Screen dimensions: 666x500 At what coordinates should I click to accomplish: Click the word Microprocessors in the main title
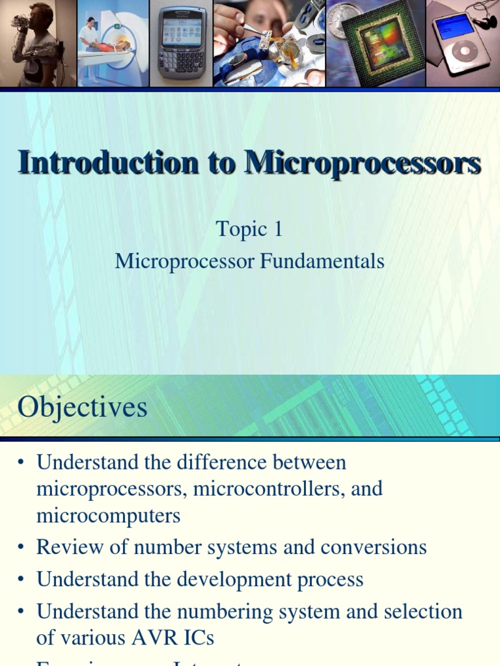point(363,163)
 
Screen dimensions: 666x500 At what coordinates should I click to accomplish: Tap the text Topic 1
point(249,229)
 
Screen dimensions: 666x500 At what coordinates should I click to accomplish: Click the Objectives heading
point(83,408)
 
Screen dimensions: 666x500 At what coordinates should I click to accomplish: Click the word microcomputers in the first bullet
point(108,516)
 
